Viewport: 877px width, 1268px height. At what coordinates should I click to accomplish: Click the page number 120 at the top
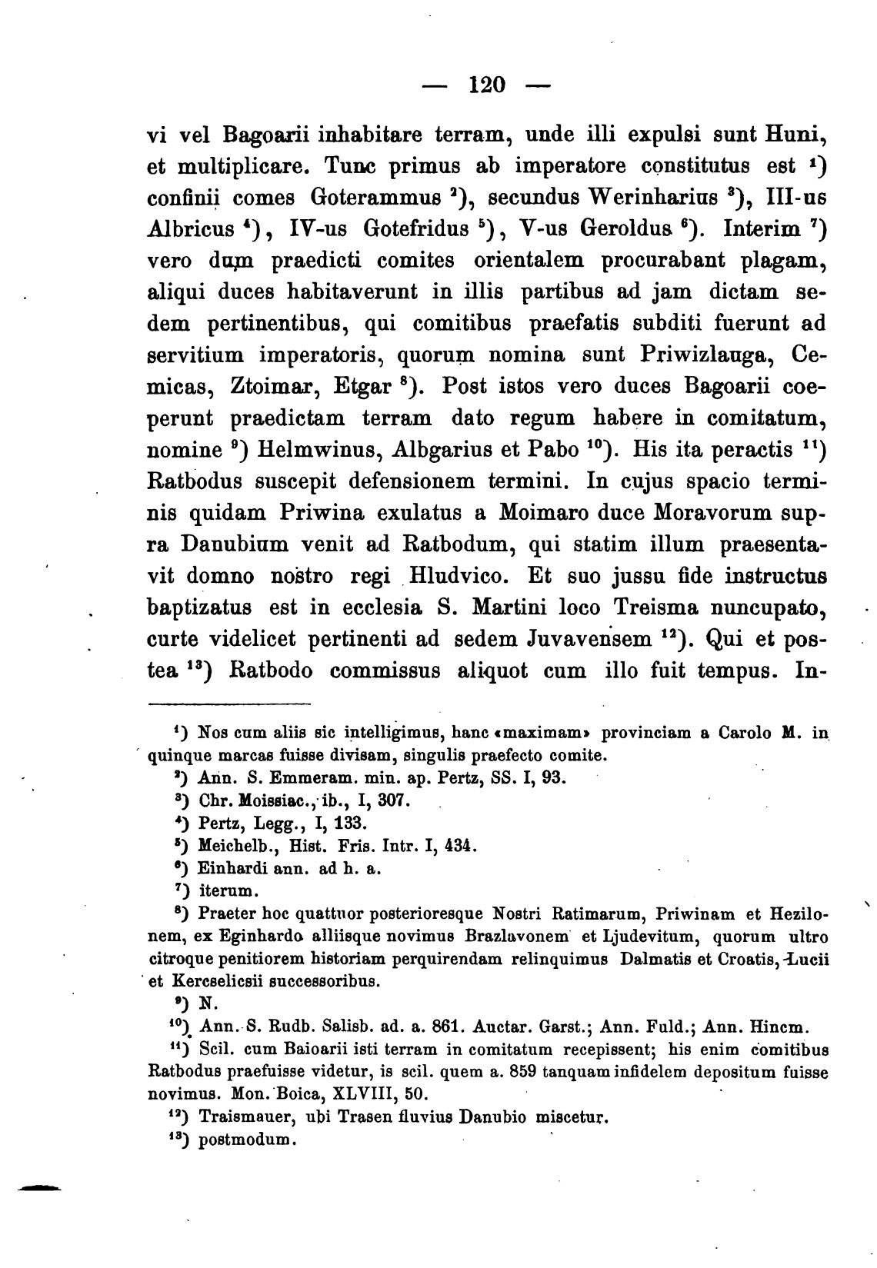pyautogui.click(x=486, y=84)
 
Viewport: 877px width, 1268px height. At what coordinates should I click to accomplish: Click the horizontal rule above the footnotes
pyautogui.click(x=228, y=704)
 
